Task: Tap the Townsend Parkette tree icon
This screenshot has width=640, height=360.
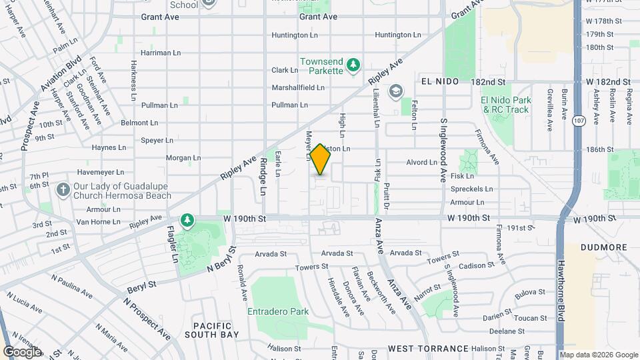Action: pos(355,65)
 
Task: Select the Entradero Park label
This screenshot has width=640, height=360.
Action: pos(278,311)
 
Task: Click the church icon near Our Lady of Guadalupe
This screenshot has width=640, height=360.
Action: pos(63,190)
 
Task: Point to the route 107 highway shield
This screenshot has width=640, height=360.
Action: pos(578,120)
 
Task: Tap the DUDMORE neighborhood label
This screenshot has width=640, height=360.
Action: pos(603,247)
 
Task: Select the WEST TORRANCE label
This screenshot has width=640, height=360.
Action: pos(428,349)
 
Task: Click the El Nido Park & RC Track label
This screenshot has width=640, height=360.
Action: pos(506,105)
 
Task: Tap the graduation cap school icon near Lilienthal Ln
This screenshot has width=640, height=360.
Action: pos(396,90)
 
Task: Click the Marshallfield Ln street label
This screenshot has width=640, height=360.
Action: pos(298,87)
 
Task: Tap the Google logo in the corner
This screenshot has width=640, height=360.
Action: pos(22,351)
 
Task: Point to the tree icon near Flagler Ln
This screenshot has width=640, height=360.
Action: pos(189,219)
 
